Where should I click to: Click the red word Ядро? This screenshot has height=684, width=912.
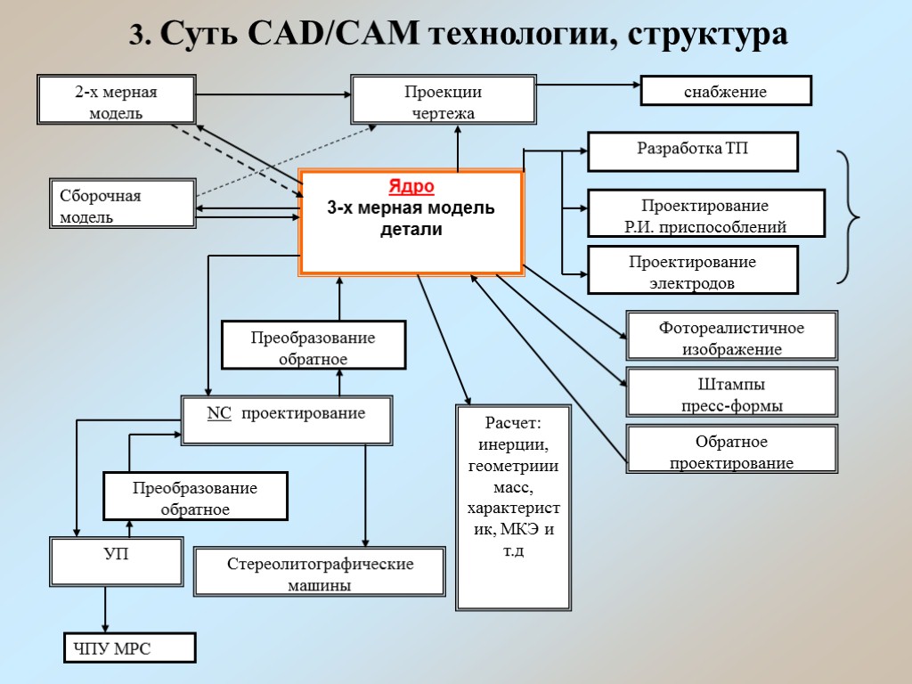[411, 186]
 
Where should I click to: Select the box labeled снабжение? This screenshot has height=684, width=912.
[726, 91]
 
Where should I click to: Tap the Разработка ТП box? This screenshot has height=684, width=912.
[692, 151]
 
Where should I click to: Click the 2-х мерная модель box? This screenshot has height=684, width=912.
[116, 100]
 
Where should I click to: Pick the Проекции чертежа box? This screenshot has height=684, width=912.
[443, 100]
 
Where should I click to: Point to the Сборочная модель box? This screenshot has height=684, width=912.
[121, 204]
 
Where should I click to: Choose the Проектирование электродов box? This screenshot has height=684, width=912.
[692, 271]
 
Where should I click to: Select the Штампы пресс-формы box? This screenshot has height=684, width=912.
[731, 393]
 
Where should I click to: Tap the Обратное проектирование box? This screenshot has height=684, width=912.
[731, 450]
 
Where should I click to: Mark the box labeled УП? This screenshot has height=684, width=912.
[116, 560]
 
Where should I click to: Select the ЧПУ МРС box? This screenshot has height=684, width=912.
[128, 647]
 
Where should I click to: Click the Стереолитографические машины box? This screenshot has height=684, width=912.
[319, 573]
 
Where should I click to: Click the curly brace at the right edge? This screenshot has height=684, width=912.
[850, 217]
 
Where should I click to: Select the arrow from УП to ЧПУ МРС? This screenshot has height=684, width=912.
[106, 607]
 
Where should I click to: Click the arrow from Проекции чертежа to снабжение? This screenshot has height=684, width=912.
[588, 86]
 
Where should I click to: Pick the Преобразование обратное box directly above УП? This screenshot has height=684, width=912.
[195, 496]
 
